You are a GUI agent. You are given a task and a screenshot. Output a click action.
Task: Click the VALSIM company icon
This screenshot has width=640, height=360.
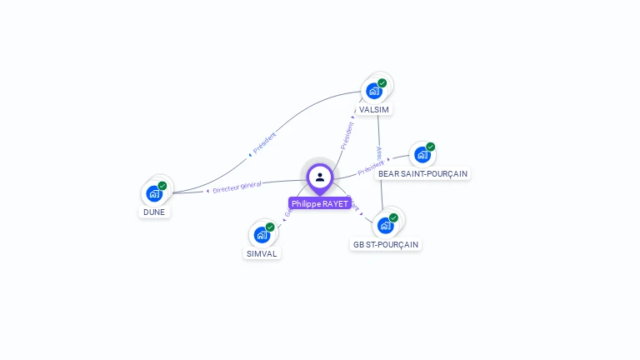(374, 90)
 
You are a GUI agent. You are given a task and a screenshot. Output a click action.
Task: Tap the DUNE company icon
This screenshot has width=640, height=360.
(154, 192)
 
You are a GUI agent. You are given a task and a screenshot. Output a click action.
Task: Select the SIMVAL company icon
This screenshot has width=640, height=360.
(262, 234)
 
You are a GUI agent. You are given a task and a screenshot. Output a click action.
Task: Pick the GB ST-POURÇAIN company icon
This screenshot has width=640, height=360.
(385, 224)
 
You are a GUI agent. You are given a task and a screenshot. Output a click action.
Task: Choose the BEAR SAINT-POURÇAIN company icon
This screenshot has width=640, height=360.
(422, 154)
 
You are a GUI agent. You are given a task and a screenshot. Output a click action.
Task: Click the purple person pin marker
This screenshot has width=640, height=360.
(320, 177)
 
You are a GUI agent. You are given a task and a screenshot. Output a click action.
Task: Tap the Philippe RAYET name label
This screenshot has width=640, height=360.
(320, 203)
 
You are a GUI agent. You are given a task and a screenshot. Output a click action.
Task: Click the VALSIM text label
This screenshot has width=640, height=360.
(374, 109)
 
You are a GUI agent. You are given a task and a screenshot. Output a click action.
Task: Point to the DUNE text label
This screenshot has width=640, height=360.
(154, 212)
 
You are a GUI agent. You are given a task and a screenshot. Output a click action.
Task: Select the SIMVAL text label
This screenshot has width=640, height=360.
(262, 253)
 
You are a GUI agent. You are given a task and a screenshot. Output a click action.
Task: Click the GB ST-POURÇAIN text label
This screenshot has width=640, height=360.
(386, 244)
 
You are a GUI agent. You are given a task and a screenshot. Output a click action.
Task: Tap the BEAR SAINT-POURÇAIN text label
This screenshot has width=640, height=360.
(422, 173)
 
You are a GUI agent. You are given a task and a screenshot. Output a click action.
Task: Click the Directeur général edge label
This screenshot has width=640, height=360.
(237, 187)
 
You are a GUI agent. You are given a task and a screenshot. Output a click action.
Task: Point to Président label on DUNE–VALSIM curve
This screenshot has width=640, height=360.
(264, 142)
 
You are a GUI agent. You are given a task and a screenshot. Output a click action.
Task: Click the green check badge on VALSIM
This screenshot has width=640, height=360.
(382, 82)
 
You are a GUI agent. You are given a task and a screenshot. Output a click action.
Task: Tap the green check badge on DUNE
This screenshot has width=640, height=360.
(162, 185)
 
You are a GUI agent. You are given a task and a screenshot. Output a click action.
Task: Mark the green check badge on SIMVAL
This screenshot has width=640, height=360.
(270, 227)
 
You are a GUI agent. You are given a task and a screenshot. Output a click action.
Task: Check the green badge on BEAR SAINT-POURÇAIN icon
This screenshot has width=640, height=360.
(431, 147)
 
